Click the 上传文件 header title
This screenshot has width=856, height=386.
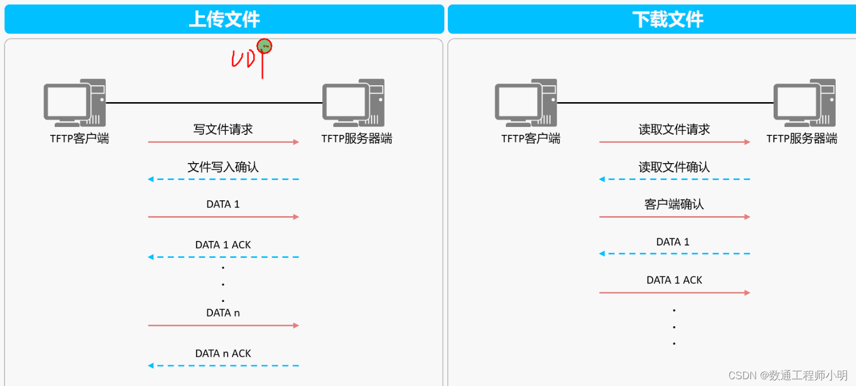pos(224,20)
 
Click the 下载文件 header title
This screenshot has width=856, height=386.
pos(667,20)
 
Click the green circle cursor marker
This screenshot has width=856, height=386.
pos(264,46)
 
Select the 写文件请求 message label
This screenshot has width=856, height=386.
pos(223,129)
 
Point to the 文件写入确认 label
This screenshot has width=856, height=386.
pos(223,167)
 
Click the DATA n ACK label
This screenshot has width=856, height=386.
pos(223,354)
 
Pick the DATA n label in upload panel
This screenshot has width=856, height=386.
pos(223,313)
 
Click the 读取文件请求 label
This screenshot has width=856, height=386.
pos(674,129)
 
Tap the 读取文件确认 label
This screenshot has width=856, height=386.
pos(674,167)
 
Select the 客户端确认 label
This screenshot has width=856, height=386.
pos(674,204)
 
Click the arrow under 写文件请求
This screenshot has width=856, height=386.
pos(223,142)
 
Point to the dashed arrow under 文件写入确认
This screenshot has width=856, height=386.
pos(223,179)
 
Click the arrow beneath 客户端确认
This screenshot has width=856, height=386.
pos(674,217)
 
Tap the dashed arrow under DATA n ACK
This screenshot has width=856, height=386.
pos(223,366)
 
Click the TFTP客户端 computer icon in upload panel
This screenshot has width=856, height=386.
pos(75,103)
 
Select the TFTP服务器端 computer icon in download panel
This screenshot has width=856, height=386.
pos(804,103)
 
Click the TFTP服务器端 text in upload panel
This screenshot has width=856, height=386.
pos(357,139)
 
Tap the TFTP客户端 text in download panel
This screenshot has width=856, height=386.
pos(531,139)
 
